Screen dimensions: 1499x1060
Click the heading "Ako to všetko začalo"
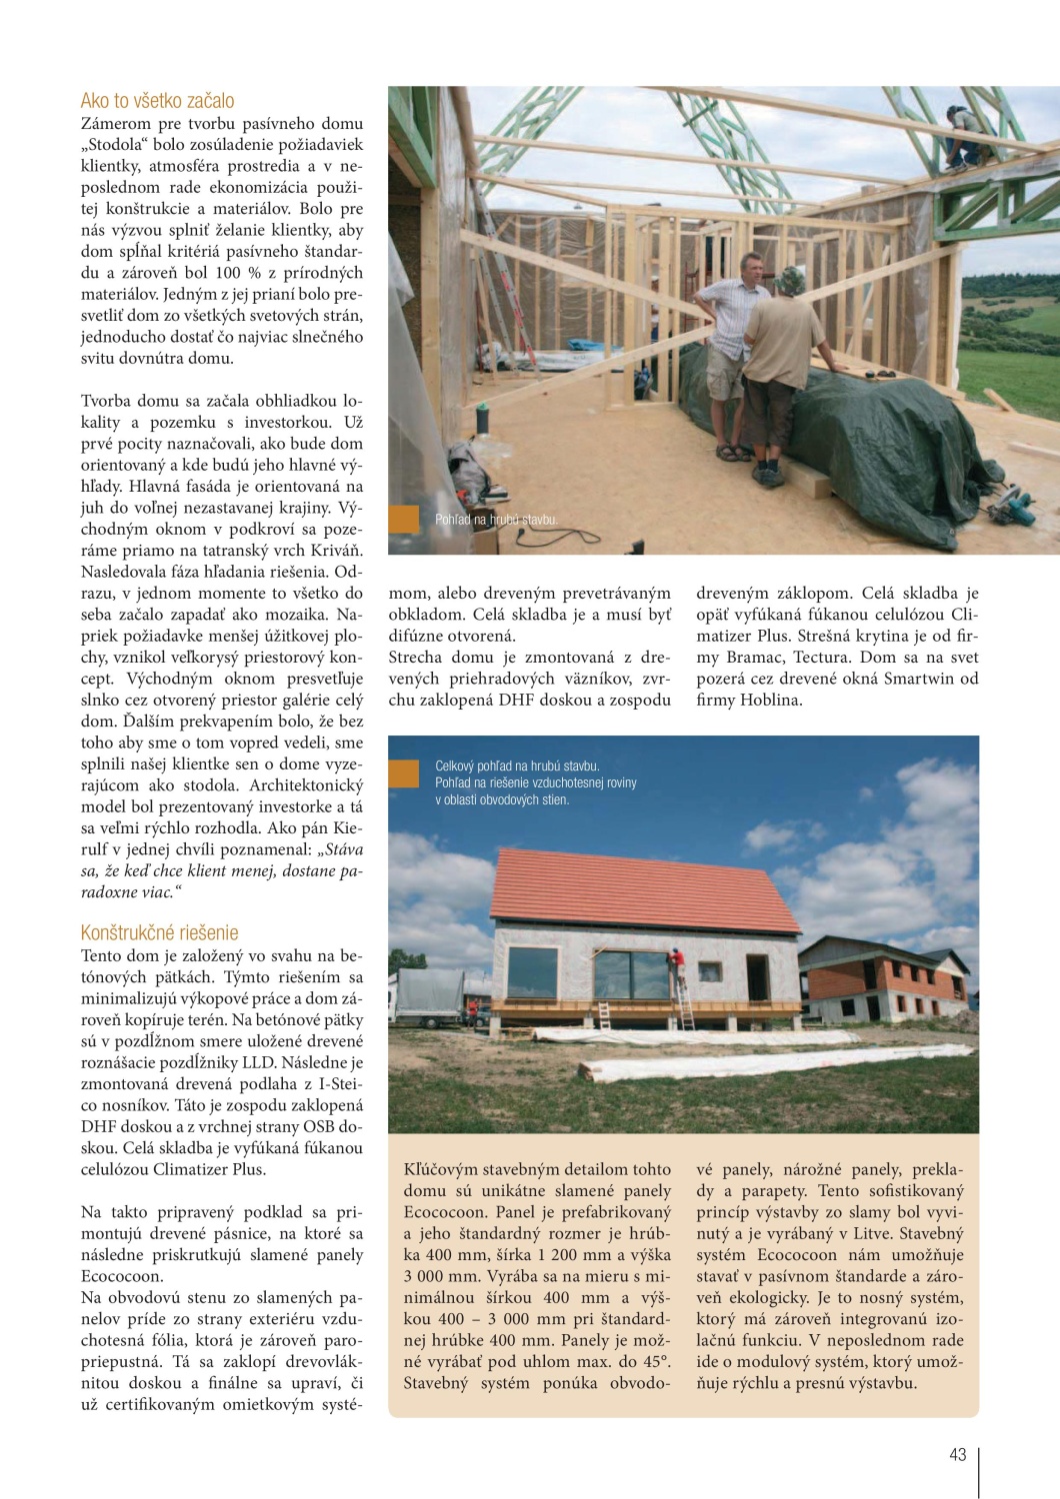[x=157, y=101]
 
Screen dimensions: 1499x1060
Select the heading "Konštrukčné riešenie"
[x=159, y=932]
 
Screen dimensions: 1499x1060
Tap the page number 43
[x=957, y=1454]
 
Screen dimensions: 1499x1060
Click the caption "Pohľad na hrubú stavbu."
[x=496, y=520]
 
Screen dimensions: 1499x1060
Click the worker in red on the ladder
[x=678, y=967]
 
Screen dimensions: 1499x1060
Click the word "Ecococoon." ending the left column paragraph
[x=119, y=1276]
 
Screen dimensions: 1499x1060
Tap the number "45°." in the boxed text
[x=652, y=1362]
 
